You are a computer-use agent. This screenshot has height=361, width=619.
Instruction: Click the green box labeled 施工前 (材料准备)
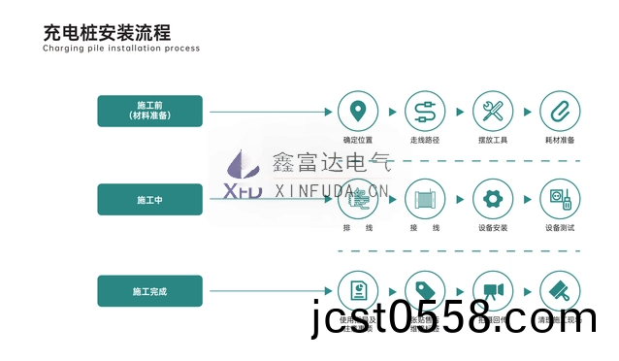(149, 109)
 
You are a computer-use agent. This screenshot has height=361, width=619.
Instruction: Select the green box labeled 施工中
(149, 199)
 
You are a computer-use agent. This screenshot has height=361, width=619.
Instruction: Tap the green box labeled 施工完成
(149, 290)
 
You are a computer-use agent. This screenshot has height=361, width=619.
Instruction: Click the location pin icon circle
(359, 111)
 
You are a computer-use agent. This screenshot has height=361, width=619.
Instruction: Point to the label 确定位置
(359, 139)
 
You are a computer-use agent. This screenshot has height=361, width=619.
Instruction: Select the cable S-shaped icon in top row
(425, 111)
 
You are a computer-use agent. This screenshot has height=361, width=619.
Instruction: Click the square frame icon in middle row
(425, 200)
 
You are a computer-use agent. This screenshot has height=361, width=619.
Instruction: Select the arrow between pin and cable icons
(391, 112)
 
